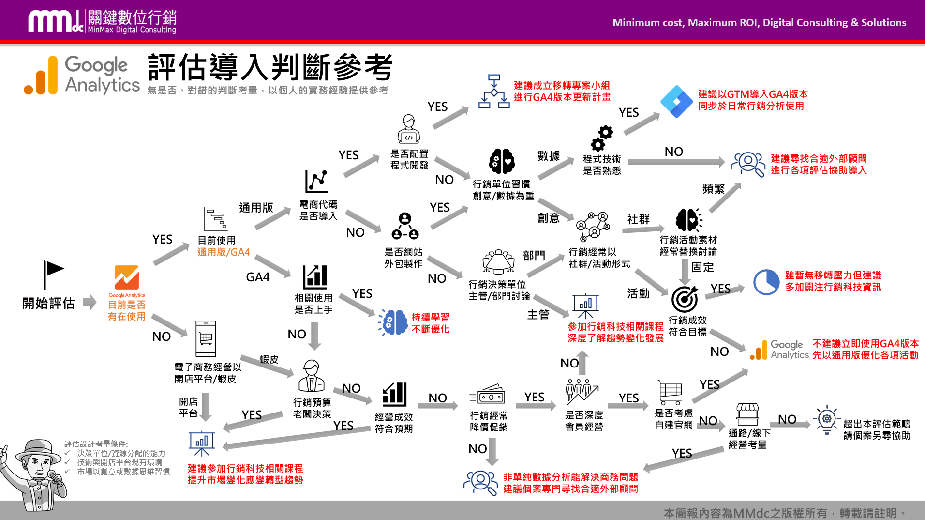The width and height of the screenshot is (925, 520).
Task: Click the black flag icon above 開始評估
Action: point(53,274)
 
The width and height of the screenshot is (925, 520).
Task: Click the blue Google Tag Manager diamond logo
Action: point(676,101)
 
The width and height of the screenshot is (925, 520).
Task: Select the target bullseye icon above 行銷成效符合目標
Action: point(685,299)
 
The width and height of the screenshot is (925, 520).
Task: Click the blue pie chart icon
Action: point(766,282)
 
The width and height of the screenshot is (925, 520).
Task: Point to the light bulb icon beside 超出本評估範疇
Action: point(827,419)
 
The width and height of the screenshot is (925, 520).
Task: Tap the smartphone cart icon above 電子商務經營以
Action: point(206,338)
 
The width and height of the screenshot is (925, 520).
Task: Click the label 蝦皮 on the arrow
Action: point(269,359)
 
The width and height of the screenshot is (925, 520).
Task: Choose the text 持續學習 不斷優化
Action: point(430,323)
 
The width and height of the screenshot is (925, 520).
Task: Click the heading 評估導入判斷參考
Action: point(270,67)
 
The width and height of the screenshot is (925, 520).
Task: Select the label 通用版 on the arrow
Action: point(256,208)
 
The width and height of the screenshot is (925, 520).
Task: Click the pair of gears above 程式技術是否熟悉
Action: point(601,138)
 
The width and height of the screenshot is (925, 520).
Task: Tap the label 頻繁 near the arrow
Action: point(713,188)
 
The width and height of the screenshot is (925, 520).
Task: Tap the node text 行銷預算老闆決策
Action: point(312,408)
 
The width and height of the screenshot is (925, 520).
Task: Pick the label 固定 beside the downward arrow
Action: point(702,267)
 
